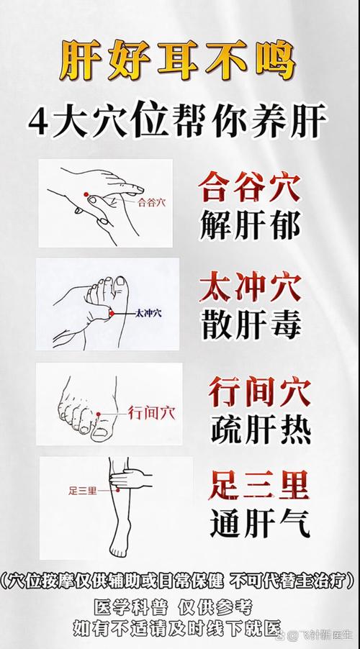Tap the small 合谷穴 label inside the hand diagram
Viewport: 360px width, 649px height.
tap(150, 202)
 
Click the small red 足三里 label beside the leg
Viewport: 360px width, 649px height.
tap(82, 491)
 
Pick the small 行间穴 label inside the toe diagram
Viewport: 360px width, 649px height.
tap(151, 412)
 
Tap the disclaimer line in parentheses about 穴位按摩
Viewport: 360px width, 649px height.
tap(179, 580)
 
